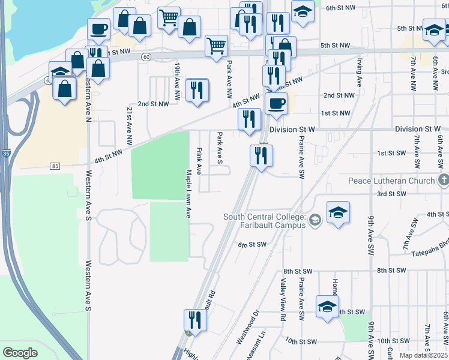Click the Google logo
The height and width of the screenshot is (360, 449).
click(x=20, y=353)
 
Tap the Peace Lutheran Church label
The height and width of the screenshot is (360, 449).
click(x=391, y=181)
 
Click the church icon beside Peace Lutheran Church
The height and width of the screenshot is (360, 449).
click(x=443, y=180)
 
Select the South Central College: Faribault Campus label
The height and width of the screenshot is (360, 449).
click(x=264, y=221)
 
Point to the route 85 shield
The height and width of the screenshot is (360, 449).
click(x=55, y=166)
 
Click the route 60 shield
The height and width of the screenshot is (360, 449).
click(x=146, y=56)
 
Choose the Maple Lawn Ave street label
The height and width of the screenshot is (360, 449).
click(x=188, y=193)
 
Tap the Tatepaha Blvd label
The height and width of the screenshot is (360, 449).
click(x=429, y=253)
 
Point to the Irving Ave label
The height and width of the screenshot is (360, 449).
click(x=358, y=73)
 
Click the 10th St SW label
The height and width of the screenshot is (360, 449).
click(x=300, y=341)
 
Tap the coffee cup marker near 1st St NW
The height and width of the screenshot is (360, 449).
click(x=276, y=103)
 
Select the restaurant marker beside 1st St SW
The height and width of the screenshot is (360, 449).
click(x=261, y=156)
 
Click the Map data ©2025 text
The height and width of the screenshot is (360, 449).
click(x=424, y=355)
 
